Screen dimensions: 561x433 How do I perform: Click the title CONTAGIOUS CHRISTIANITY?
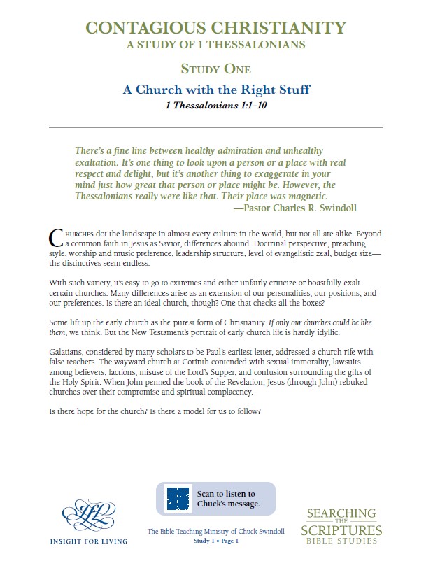[x=215, y=28]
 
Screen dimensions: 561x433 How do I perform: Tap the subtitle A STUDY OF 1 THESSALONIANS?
[x=215, y=45]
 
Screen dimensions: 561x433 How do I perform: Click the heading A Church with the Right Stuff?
[x=215, y=90]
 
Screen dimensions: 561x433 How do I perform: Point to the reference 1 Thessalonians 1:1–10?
[x=215, y=106]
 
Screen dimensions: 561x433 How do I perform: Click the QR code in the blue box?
[x=178, y=498]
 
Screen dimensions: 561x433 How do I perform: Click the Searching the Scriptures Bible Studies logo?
[x=342, y=525]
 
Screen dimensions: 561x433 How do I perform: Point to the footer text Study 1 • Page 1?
[x=215, y=541]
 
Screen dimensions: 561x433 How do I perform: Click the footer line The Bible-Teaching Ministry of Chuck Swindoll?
[x=215, y=532]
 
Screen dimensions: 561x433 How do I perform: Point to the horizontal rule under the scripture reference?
[x=215, y=127]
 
